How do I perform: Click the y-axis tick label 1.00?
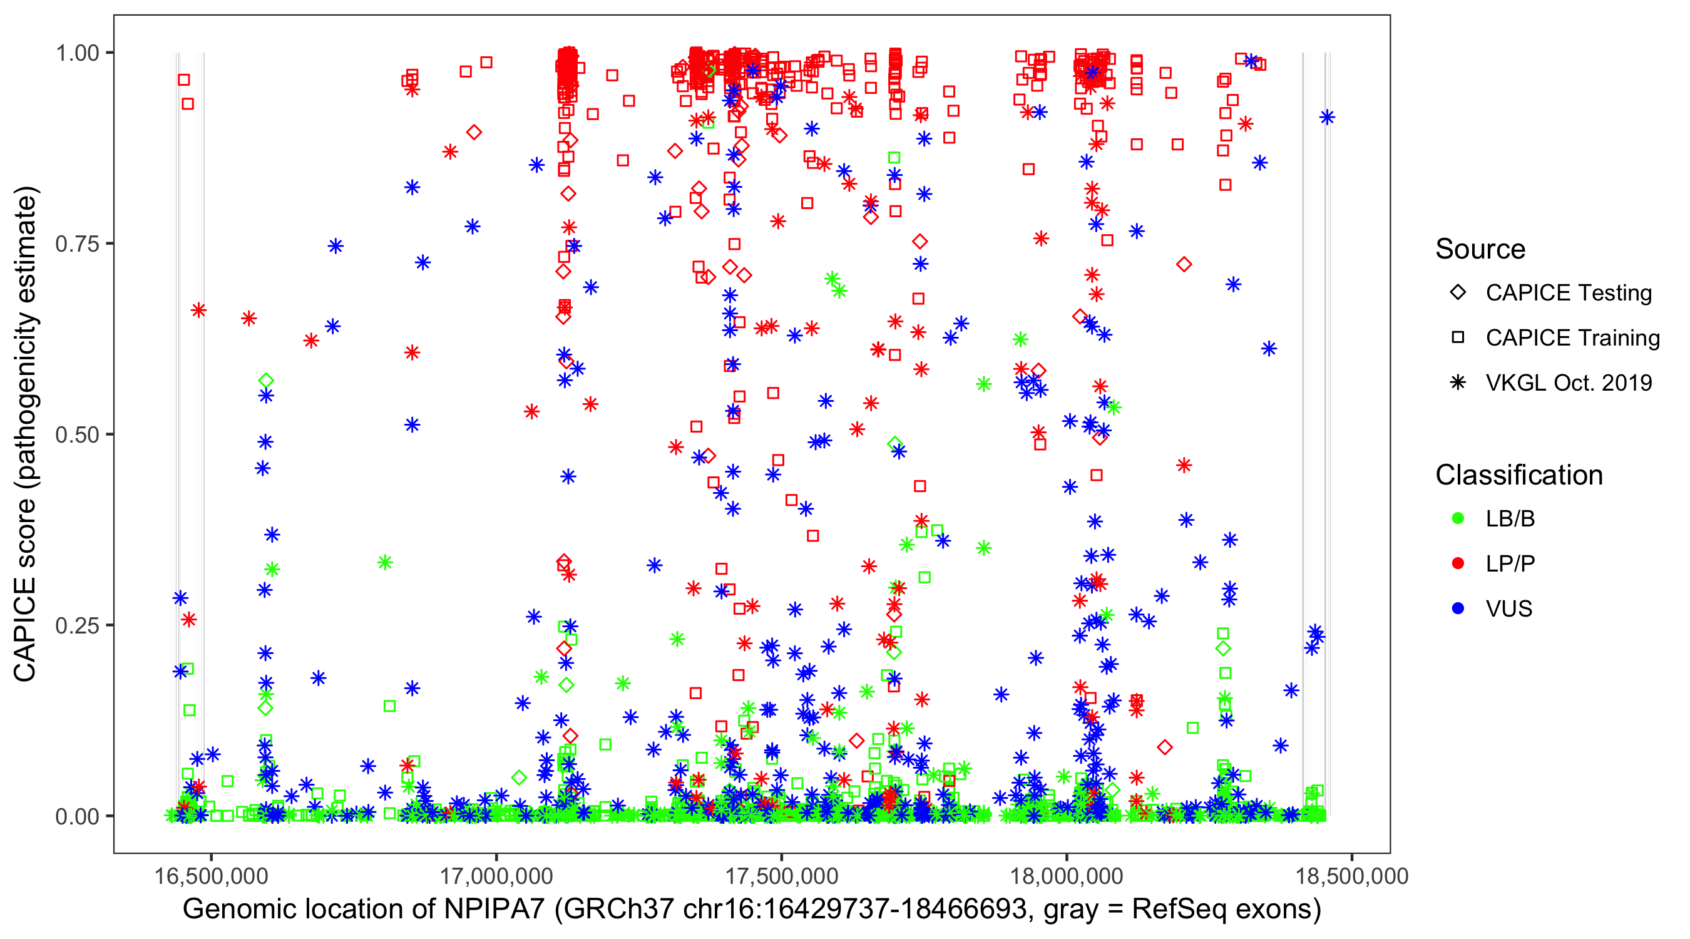pos(77,53)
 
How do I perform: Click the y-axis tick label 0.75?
pos(77,244)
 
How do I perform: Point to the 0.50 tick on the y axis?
pos(77,435)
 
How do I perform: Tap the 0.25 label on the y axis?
pos(77,625)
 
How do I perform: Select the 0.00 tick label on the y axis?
pos(77,816)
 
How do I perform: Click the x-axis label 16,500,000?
pos(210,876)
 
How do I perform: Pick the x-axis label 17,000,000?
pos(496,876)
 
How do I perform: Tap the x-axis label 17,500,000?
pos(781,876)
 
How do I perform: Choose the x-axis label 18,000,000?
pos(1067,876)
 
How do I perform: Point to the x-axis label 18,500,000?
pos(1351,876)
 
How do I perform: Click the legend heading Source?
pos(1480,249)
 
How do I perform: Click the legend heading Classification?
pos(1518,475)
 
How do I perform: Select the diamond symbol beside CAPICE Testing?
pos(1458,293)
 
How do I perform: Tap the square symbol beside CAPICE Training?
pos(1458,337)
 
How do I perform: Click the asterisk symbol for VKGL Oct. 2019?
pos(1458,382)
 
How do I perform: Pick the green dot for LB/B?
pos(1458,518)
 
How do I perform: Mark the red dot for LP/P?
pos(1458,563)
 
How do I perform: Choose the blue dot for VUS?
pos(1458,609)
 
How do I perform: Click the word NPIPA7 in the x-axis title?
pos(494,910)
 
